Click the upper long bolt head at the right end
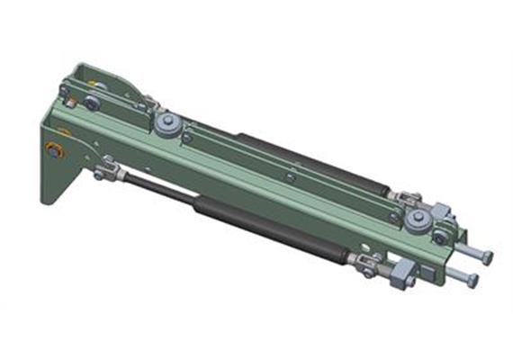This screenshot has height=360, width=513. pyautogui.click(x=487, y=257)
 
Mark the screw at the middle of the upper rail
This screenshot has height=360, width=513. pyautogui.click(x=289, y=177)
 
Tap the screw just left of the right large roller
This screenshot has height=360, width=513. pyautogui.click(x=392, y=214)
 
